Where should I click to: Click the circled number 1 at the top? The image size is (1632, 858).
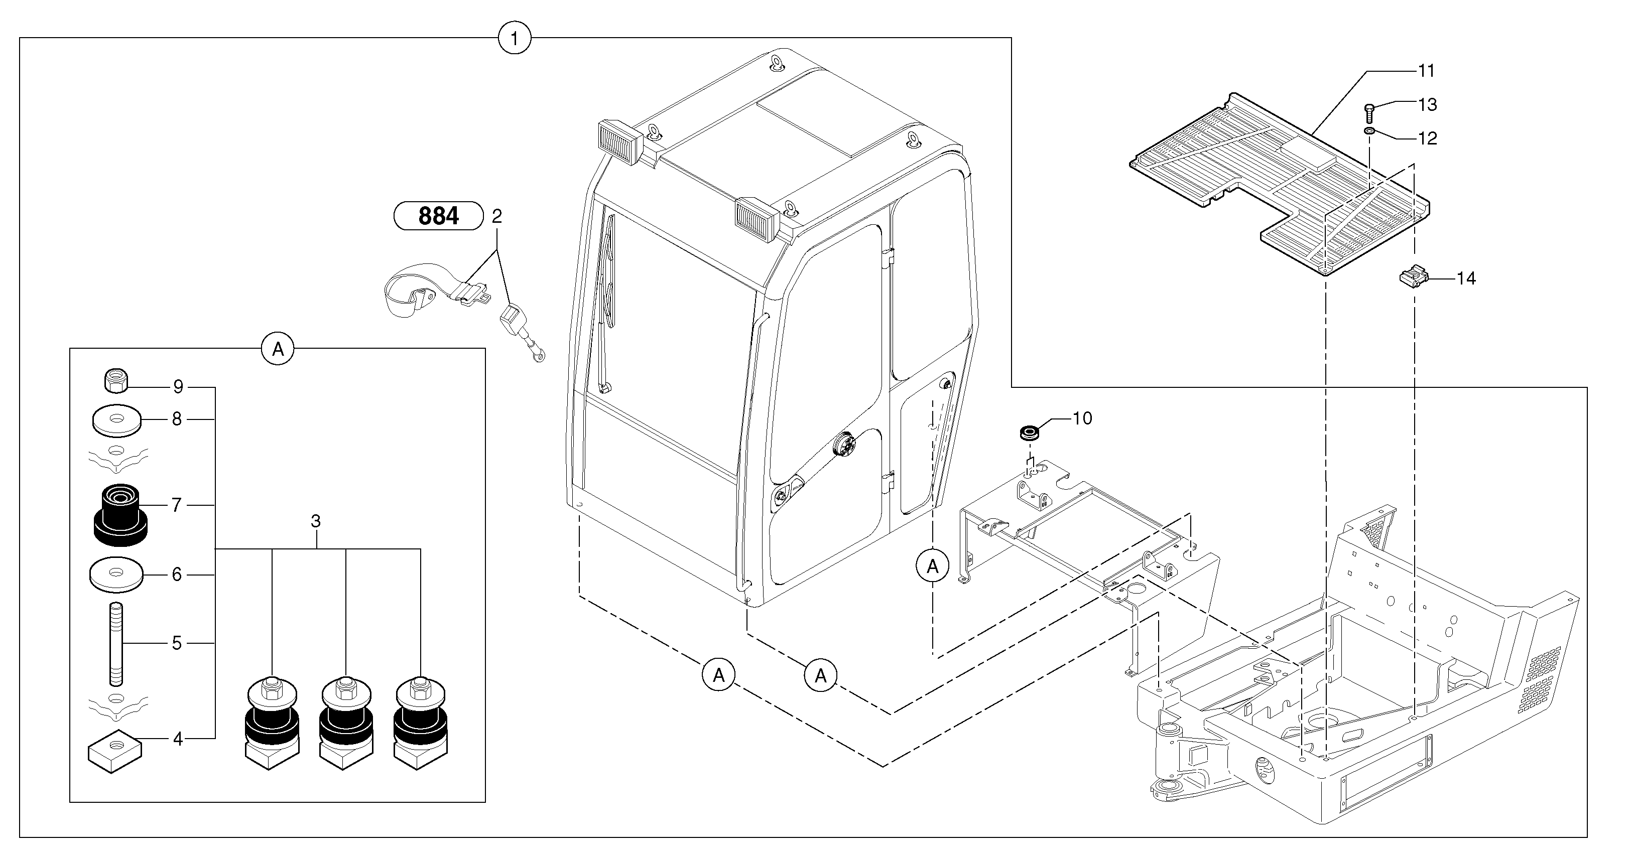(x=515, y=38)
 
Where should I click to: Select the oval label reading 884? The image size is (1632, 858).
(x=438, y=216)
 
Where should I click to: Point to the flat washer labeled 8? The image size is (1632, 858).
(x=116, y=420)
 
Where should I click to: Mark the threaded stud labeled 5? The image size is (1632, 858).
(x=116, y=644)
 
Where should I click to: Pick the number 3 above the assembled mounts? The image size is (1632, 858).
(x=315, y=521)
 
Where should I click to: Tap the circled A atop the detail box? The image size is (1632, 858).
(x=278, y=348)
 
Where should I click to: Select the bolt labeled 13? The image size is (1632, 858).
(x=1369, y=114)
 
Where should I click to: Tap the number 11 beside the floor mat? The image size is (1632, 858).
(x=1426, y=71)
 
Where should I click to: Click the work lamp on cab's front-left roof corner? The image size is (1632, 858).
(x=621, y=142)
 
